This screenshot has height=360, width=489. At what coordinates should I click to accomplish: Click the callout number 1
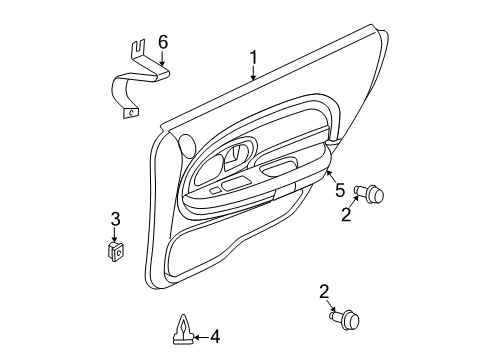coord(254,58)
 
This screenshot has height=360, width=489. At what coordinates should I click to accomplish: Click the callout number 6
coord(164,41)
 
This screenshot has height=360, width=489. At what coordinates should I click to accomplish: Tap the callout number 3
coord(115,219)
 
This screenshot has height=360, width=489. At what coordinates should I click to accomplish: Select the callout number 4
coord(213,337)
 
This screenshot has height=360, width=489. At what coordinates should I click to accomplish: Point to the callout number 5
coord(339,190)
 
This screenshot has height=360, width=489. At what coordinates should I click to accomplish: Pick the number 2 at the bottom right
coord(323,291)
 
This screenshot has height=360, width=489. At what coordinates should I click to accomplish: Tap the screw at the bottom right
coord(350,321)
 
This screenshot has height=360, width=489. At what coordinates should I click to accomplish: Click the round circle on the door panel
coord(185,145)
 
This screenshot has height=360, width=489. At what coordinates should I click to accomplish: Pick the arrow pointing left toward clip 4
coord(197,337)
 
